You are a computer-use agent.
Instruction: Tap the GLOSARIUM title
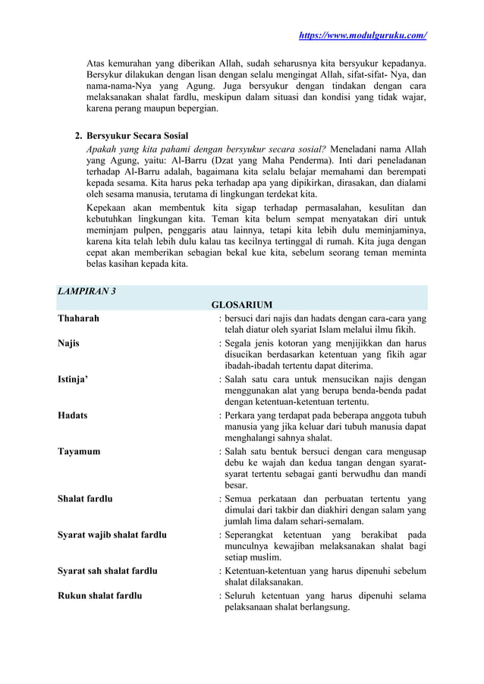241,305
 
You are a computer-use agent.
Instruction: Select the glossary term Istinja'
72,378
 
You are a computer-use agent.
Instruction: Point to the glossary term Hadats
73,415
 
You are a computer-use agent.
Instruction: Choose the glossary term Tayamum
79,451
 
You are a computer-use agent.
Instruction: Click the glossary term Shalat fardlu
86,499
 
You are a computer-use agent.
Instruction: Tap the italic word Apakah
103,149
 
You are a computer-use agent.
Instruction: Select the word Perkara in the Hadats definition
241,415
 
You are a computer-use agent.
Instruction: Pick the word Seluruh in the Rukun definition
241,595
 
